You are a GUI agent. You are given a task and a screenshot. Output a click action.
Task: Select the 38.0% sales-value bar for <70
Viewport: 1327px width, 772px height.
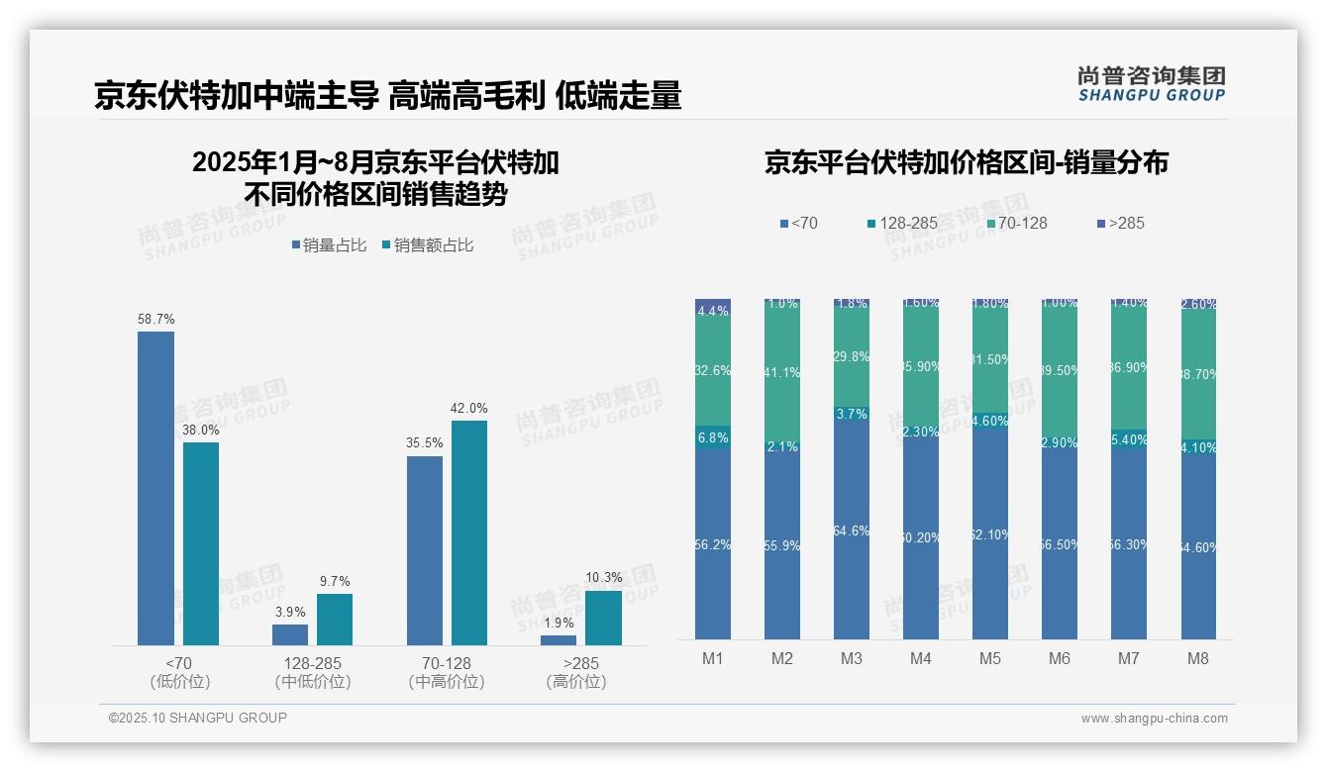[x=201, y=543]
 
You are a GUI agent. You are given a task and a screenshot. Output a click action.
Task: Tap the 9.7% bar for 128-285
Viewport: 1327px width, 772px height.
[x=335, y=620]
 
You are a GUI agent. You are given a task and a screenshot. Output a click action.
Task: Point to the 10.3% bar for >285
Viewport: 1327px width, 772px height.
[x=603, y=618]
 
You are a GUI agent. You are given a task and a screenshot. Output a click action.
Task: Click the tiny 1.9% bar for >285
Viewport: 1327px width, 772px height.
[x=559, y=640]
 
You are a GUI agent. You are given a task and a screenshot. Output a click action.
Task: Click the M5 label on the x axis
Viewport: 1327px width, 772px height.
[x=990, y=659]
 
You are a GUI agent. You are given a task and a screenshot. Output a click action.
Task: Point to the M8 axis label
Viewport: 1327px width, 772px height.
[x=1198, y=659]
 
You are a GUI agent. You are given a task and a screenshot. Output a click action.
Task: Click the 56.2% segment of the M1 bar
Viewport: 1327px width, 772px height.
[x=713, y=544]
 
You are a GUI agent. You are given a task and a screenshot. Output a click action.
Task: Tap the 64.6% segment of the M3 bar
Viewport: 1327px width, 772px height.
[x=852, y=531]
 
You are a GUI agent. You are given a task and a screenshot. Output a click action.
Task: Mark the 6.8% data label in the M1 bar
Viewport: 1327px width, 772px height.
[x=713, y=437]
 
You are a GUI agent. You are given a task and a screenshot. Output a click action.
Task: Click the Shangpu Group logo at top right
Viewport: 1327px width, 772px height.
[x=1151, y=83]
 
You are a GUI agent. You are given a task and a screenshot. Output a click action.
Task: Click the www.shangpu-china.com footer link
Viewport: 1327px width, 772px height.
[x=1154, y=719]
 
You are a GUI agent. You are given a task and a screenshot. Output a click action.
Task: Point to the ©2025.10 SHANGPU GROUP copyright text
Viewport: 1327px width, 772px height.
[x=198, y=718]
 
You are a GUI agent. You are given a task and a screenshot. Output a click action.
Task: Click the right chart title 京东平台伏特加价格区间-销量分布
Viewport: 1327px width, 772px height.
[x=966, y=162]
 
